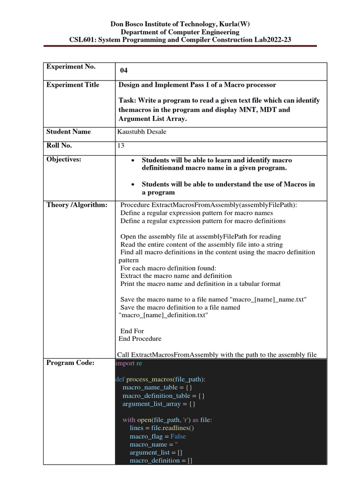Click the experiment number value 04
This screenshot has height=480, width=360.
tap(124, 71)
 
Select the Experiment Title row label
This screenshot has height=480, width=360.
tap(73, 85)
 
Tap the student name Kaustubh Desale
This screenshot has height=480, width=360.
tap(142, 132)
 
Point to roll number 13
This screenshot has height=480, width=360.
tap(121, 146)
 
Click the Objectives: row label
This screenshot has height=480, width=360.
tap(64, 159)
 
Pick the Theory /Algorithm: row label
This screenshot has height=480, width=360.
tap(77, 205)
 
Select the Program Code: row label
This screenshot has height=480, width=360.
tap(70, 362)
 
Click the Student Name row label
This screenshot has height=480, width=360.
tap(68, 132)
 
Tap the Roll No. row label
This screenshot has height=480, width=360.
tap(59, 145)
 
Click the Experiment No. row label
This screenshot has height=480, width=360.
tap(71, 67)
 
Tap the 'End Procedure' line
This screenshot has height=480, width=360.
tap(140, 339)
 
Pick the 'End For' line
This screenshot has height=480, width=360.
tap(132, 331)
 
